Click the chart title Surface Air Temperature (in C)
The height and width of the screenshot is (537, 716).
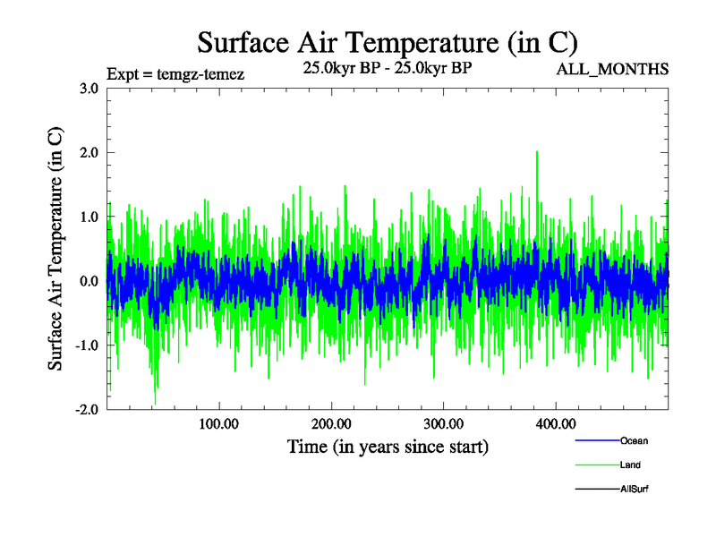[388, 43]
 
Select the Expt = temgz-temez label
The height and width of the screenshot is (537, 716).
[175, 73]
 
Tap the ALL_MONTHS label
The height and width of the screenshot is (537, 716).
[612, 69]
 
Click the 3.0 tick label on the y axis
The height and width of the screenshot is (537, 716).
[89, 89]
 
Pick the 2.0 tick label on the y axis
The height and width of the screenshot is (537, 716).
[89, 153]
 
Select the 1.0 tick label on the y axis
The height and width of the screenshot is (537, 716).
[89, 217]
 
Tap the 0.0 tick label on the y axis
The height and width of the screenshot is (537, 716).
[89, 281]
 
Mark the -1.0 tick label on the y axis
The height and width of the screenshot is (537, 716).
[87, 345]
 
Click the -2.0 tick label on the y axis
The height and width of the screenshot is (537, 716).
[87, 410]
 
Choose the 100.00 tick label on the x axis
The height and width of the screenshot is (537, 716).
[218, 423]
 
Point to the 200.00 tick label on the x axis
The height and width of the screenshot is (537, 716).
[331, 423]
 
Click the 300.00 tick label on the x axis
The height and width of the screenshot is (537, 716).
[443, 423]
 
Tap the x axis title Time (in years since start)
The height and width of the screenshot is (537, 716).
[388, 446]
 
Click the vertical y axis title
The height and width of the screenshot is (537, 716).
[55, 249]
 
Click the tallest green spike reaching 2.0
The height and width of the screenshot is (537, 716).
[537, 154]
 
